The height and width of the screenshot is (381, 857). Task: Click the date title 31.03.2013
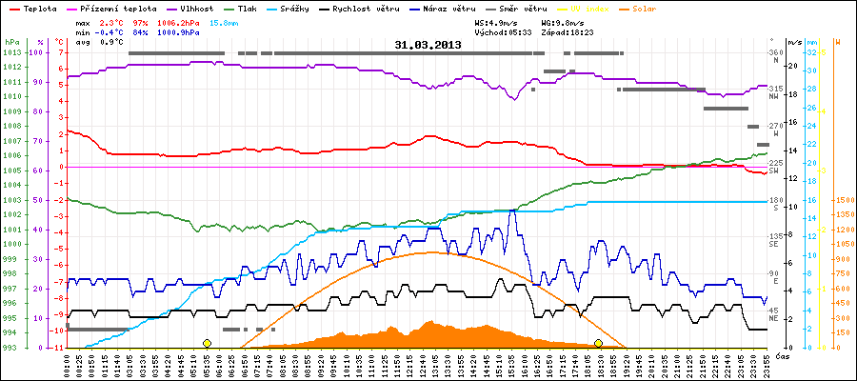tap(428, 44)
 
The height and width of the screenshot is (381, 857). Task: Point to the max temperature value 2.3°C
tap(112, 21)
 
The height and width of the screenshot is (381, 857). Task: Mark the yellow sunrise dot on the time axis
tap(207, 343)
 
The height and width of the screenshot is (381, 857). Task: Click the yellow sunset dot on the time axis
tap(598, 343)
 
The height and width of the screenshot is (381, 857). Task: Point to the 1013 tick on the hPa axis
tap(12, 52)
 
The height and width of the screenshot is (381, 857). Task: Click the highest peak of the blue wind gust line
tap(513, 211)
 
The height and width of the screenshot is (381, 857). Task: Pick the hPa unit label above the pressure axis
tap(11, 42)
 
